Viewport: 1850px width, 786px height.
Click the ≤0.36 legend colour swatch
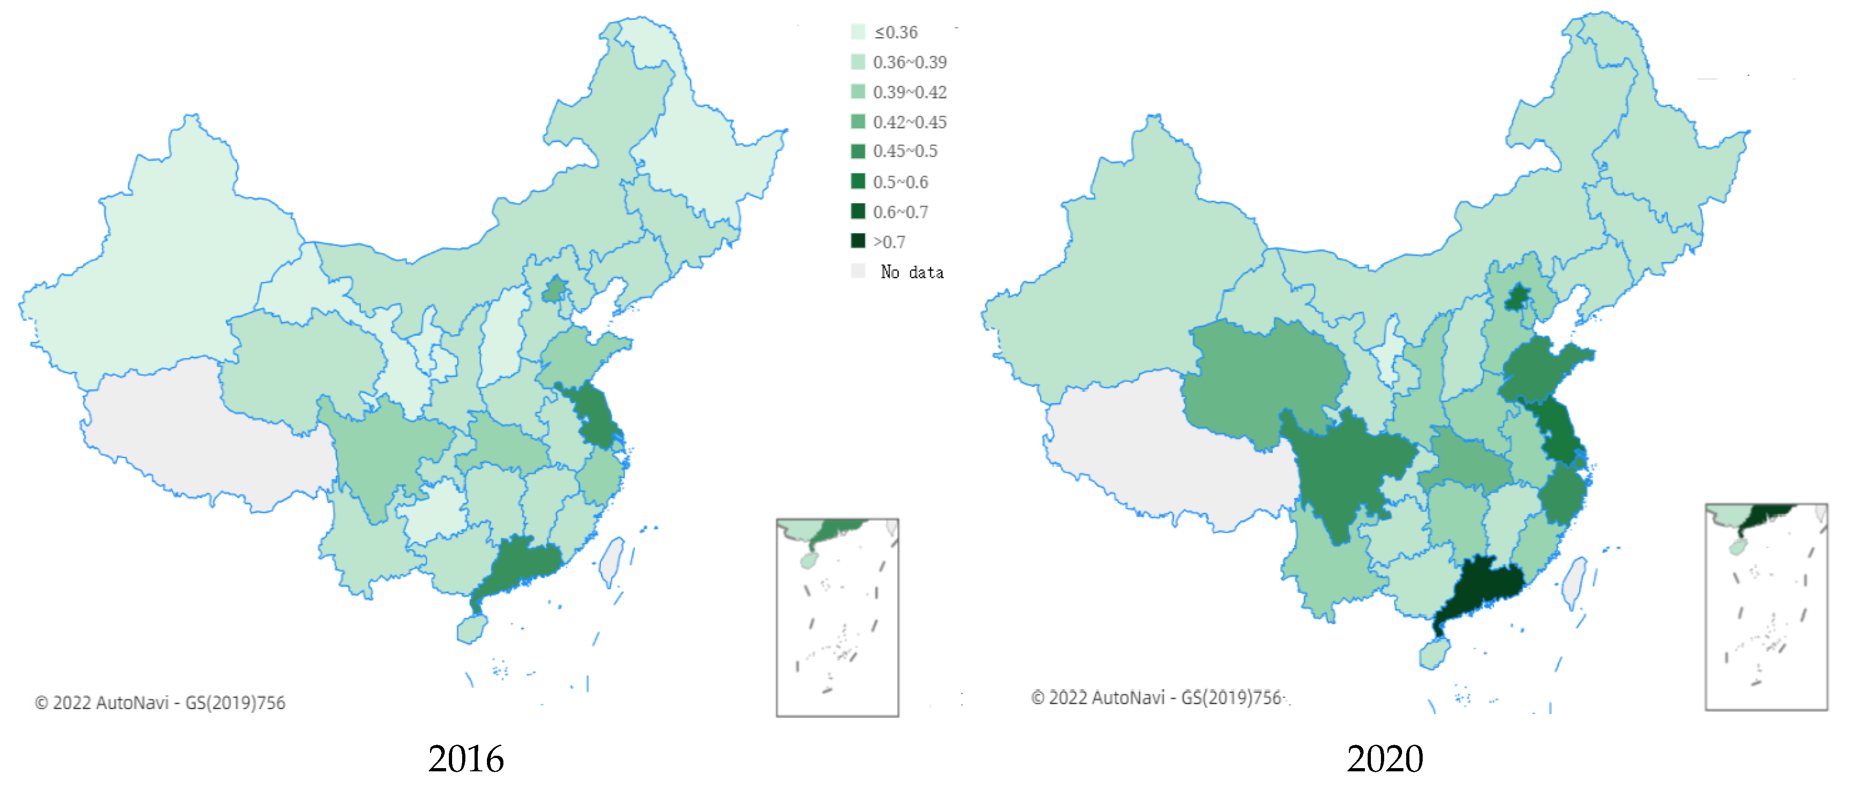[857, 32]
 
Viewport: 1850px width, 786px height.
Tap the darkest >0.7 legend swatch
[857, 241]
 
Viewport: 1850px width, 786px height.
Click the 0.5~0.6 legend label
[900, 182]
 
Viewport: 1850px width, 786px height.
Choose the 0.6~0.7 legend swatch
[857, 211]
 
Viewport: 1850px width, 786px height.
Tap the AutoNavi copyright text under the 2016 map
[160, 702]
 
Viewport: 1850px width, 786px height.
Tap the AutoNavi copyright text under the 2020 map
[1156, 697]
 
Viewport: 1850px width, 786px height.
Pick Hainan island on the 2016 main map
[471, 629]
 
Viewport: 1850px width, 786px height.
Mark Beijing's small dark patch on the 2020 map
[1517, 298]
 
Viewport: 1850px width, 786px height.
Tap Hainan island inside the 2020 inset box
[1737, 548]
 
